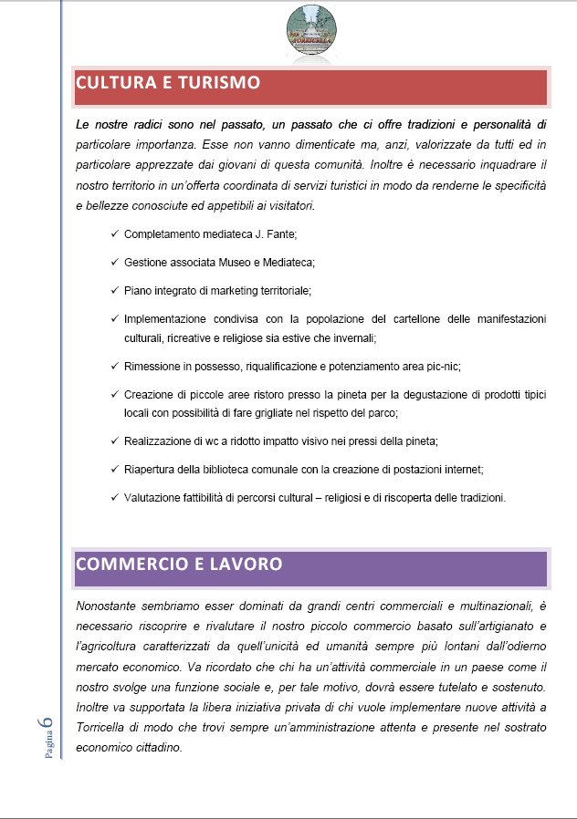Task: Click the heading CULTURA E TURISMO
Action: pos(168,83)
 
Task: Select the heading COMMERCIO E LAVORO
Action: pos(178,564)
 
